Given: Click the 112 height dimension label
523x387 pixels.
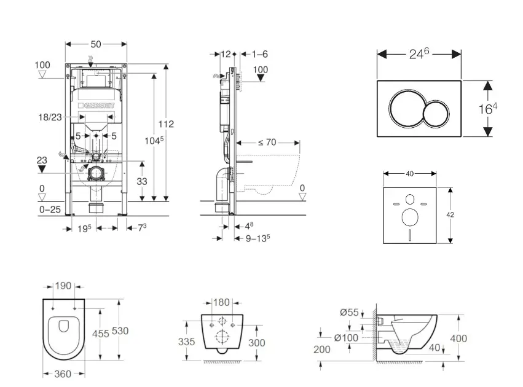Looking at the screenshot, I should click(166, 124).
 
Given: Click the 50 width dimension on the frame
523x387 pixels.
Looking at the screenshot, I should click(96, 44).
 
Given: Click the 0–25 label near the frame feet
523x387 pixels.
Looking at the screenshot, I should click(50, 210).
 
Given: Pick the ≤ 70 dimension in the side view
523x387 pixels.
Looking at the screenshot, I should click(267, 143).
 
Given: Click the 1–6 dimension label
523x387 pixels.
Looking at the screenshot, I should click(260, 54).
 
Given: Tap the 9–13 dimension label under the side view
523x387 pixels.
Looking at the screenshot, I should click(258, 238).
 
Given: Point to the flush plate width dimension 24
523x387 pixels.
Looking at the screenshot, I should click(419, 54).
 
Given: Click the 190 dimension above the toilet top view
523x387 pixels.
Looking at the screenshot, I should click(64, 286).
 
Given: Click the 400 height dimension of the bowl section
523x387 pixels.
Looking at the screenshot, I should click(458, 338).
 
